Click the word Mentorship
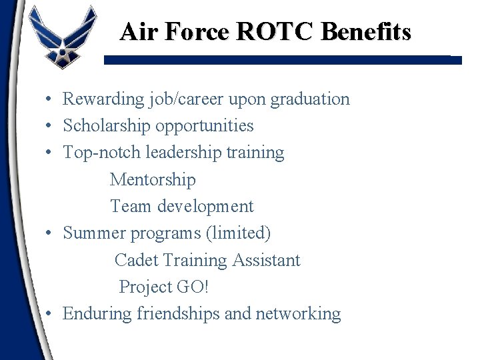153,179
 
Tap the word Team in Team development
131,207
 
